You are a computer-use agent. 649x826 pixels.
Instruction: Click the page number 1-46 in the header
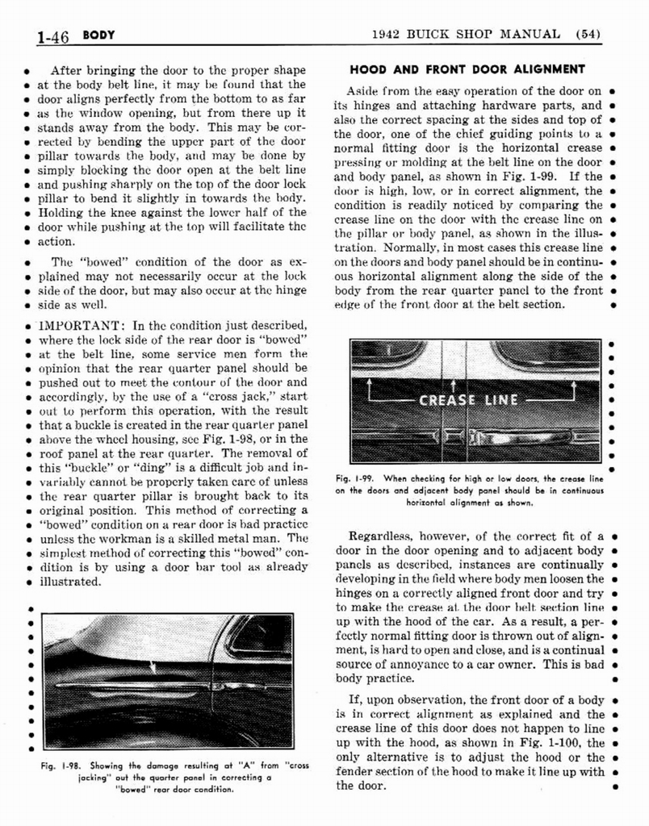(53, 36)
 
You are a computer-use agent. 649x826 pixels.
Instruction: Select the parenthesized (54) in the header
(592, 34)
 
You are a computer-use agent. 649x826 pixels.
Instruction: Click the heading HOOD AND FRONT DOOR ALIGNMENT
(467, 69)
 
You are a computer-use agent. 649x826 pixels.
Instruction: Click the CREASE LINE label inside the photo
(468, 400)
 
